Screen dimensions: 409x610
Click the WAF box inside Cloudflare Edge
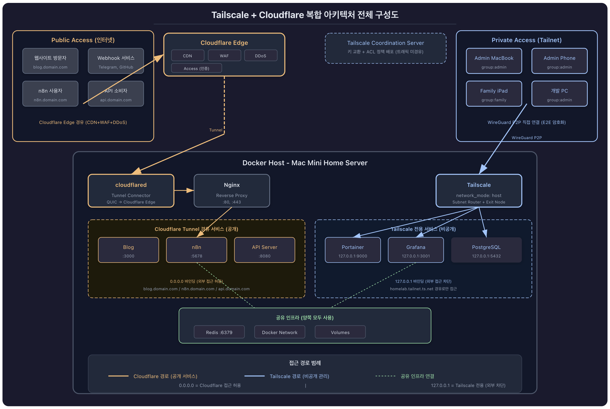(224, 56)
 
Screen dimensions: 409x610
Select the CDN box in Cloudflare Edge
(187, 56)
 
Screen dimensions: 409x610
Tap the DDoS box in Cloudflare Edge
(261, 56)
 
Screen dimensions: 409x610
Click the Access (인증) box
(196, 68)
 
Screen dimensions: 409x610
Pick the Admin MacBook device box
(494, 61)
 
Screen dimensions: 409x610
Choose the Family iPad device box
(494, 94)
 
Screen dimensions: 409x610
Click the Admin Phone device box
(559, 61)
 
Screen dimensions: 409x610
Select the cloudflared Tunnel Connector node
(131, 191)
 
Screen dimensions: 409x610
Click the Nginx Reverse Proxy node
(232, 191)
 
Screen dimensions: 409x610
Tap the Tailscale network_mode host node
(479, 191)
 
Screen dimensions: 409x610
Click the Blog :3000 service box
(128, 250)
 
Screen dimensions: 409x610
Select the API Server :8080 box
(265, 250)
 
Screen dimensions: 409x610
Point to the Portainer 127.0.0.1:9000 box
(353, 250)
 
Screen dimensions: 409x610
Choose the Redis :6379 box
(219, 332)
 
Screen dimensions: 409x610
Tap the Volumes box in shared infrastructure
(340, 332)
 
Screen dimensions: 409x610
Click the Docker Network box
(280, 332)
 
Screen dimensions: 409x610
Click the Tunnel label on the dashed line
(216, 130)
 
